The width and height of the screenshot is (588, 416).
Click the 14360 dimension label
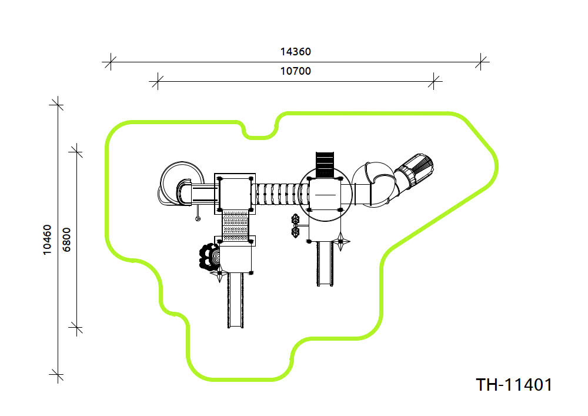tap(296, 51)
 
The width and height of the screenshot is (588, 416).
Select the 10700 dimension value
tap(296, 71)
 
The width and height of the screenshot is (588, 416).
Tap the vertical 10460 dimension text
tap(47, 240)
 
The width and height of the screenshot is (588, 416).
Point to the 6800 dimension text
tap(66, 240)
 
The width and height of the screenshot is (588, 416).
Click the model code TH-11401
tap(514, 385)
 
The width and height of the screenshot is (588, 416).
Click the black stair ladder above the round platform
tap(325, 165)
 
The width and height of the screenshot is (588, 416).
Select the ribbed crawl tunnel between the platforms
tap(280, 194)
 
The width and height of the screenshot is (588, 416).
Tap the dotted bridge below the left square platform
tap(235, 226)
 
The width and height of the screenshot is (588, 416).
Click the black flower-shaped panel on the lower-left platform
tap(208, 257)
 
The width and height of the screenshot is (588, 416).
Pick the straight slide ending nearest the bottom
tap(236, 301)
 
